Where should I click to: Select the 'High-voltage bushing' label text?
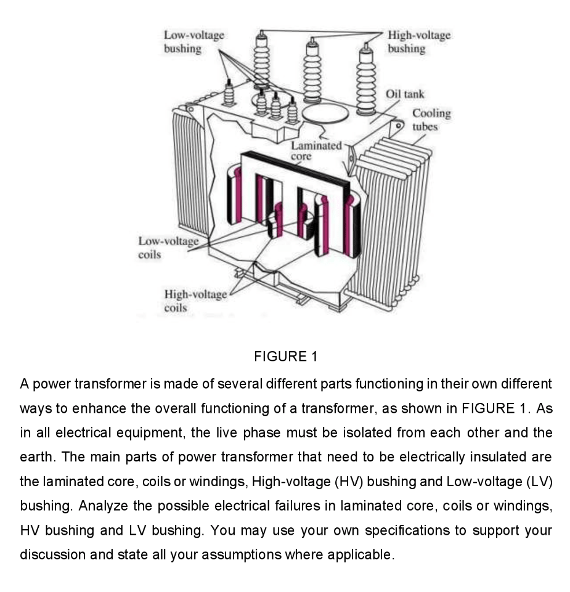pyautogui.click(x=419, y=42)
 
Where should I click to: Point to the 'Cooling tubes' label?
pyautogui.click(x=431, y=120)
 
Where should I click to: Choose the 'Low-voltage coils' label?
pyautogui.click(x=168, y=247)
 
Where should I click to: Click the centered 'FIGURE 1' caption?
pyautogui.click(x=285, y=357)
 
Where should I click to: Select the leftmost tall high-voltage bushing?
pyautogui.click(x=263, y=58)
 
